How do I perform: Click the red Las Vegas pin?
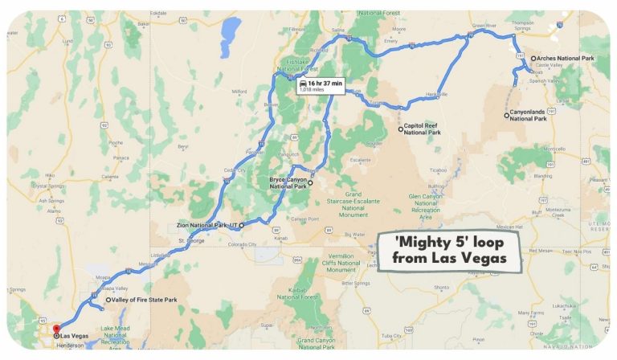pos(55,329)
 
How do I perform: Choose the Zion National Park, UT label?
pos(206,224)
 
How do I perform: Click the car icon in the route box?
pos(301,83)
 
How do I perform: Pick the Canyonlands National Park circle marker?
pos(507,115)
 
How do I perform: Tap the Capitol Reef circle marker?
pos(400,129)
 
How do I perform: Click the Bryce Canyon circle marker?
pos(310,182)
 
